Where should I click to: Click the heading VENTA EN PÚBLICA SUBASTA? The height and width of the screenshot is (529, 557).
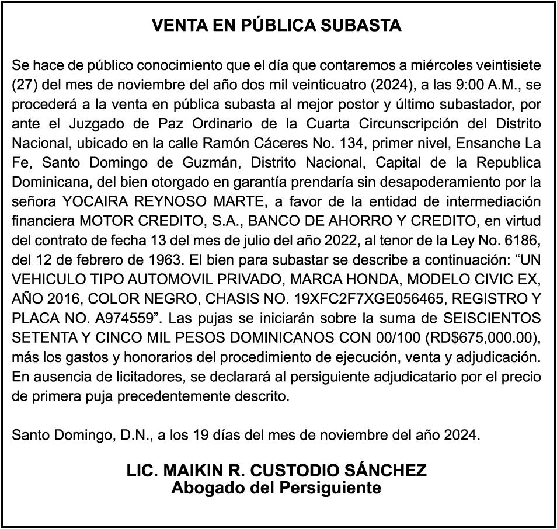(277, 26)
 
